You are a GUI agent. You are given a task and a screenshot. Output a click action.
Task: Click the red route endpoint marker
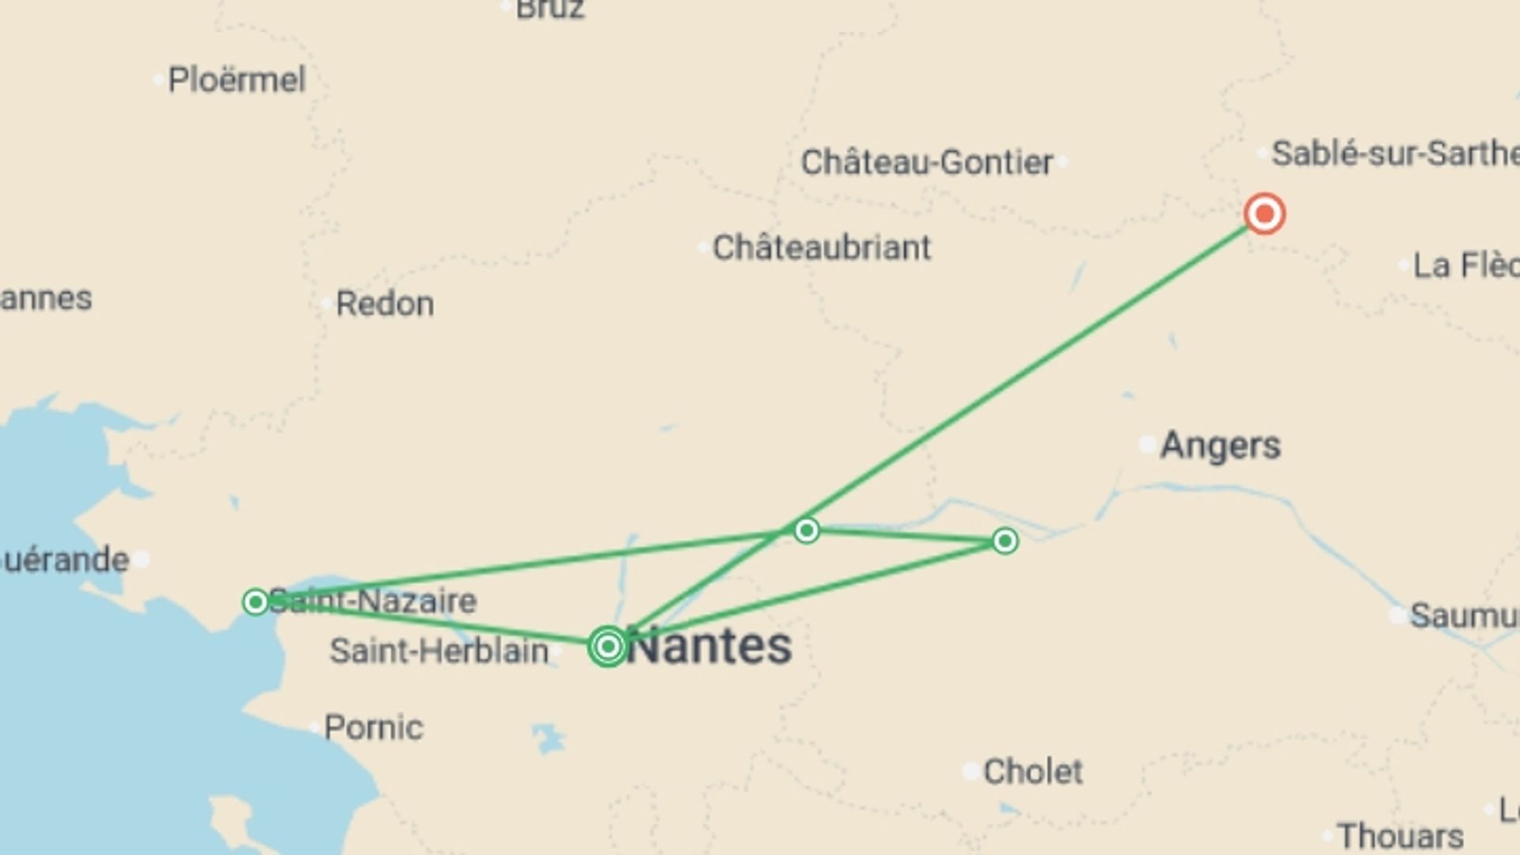click(x=1264, y=214)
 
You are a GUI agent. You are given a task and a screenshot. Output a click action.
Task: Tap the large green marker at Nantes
click(x=608, y=647)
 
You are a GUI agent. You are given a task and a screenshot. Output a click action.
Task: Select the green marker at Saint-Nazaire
click(x=256, y=602)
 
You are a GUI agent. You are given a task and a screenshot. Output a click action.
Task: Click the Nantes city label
click(x=710, y=646)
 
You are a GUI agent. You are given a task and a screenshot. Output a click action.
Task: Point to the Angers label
click(x=1220, y=446)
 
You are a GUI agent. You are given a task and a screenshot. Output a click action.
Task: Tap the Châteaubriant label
click(x=822, y=248)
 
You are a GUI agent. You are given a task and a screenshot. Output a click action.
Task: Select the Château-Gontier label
click(x=926, y=162)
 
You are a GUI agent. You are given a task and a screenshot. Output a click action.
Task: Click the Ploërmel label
click(x=236, y=80)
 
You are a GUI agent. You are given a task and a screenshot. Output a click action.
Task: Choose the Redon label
click(x=385, y=304)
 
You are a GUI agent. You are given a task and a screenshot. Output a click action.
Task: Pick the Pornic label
click(x=374, y=728)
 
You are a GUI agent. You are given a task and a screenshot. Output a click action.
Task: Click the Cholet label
click(x=1032, y=771)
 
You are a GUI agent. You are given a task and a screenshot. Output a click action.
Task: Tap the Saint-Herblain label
click(x=439, y=652)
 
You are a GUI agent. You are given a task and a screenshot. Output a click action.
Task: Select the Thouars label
click(x=1400, y=836)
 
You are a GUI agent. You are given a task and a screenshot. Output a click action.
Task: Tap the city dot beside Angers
click(x=1148, y=445)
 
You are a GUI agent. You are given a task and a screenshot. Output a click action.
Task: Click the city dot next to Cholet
click(x=971, y=771)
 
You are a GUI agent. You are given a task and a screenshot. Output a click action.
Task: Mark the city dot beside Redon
click(x=326, y=304)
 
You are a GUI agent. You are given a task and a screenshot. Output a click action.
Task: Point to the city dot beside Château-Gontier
click(x=1062, y=162)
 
